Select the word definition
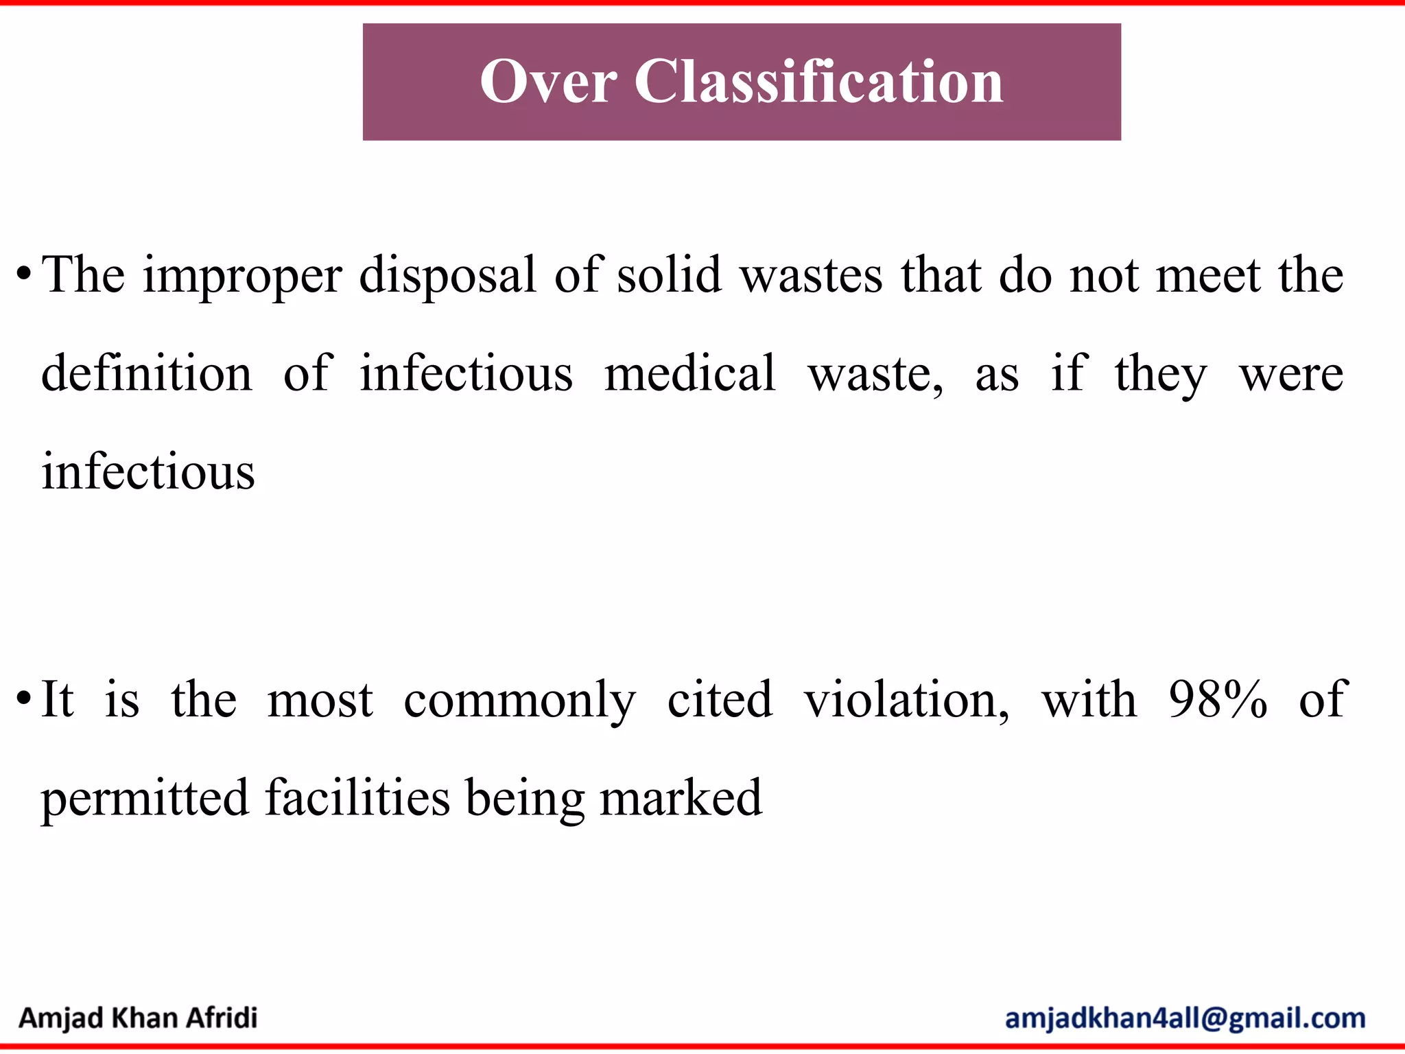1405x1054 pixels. tap(147, 374)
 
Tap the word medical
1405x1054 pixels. tap(689, 374)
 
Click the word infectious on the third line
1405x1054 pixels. tap(148, 472)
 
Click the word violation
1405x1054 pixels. tap(906, 700)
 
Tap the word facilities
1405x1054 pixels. tap(357, 798)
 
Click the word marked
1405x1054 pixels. tap(681, 798)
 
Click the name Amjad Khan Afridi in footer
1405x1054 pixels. tap(138, 1018)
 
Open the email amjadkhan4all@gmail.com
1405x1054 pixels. tap(1185, 1018)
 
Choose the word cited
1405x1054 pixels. tap(720, 700)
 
